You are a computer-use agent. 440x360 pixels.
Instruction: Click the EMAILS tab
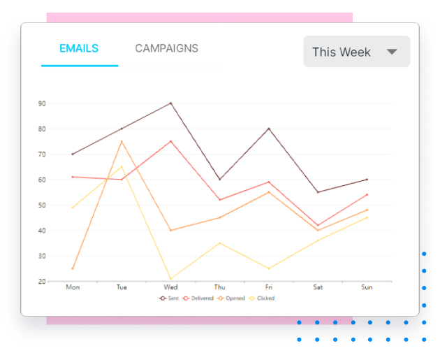pos(79,48)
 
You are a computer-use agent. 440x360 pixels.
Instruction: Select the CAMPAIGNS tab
pos(166,48)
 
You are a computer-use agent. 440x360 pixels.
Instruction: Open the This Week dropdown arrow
pos(392,52)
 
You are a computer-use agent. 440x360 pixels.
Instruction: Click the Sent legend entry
pos(170,298)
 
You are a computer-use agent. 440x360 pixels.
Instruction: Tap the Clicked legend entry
pos(262,298)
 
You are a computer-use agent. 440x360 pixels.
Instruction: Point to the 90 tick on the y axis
pos(42,103)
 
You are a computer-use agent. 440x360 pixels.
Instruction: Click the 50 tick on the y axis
pos(42,205)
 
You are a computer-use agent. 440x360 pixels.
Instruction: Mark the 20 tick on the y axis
pos(42,281)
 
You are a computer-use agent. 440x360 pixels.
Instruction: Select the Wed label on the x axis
pos(170,287)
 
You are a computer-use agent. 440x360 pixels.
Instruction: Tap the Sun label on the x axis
pos(367,287)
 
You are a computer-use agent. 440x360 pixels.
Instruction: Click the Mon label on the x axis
pos(72,287)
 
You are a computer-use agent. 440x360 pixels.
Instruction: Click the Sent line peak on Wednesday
pos(170,103)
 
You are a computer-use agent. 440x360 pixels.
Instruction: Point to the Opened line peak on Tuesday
pos(122,141)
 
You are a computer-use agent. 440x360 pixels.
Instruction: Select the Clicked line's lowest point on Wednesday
pos(170,278)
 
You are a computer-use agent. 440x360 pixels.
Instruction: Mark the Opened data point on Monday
pos(73,268)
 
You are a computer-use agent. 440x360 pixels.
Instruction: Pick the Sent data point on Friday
pos(269,129)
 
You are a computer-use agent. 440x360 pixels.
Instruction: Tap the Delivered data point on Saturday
pos(318,225)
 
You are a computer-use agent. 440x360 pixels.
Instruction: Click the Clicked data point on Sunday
pos(367,217)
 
